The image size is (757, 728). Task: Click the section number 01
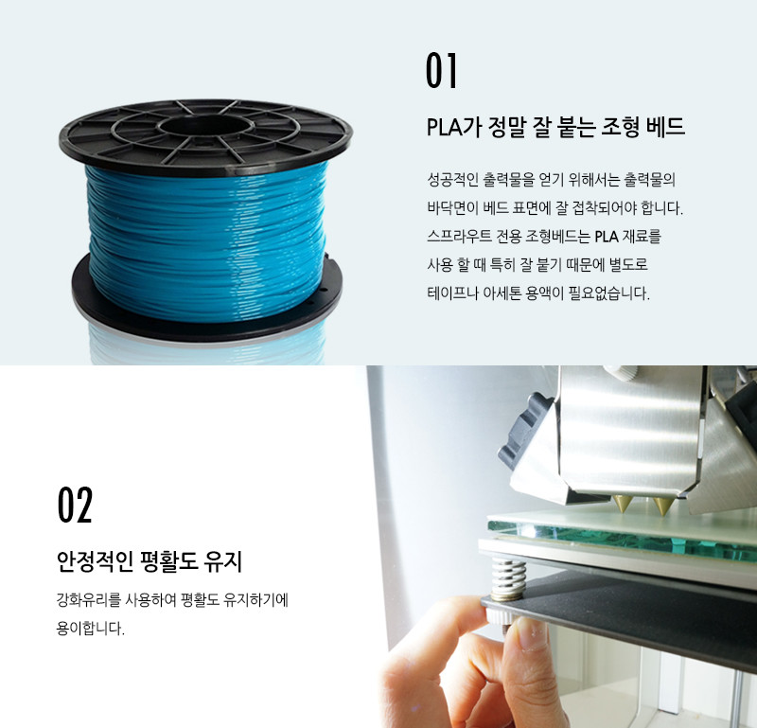(x=441, y=71)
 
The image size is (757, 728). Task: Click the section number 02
(x=75, y=505)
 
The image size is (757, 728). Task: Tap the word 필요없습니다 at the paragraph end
(x=608, y=293)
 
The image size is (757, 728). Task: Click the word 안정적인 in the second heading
(x=95, y=561)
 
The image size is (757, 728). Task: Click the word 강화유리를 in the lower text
(x=88, y=600)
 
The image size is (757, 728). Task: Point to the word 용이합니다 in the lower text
(x=90, y=629)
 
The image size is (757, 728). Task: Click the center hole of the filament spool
(x=206, y=127)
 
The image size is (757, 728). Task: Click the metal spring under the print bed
(x=508, y=578)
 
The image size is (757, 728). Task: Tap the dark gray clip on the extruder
(x=525, y=430)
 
